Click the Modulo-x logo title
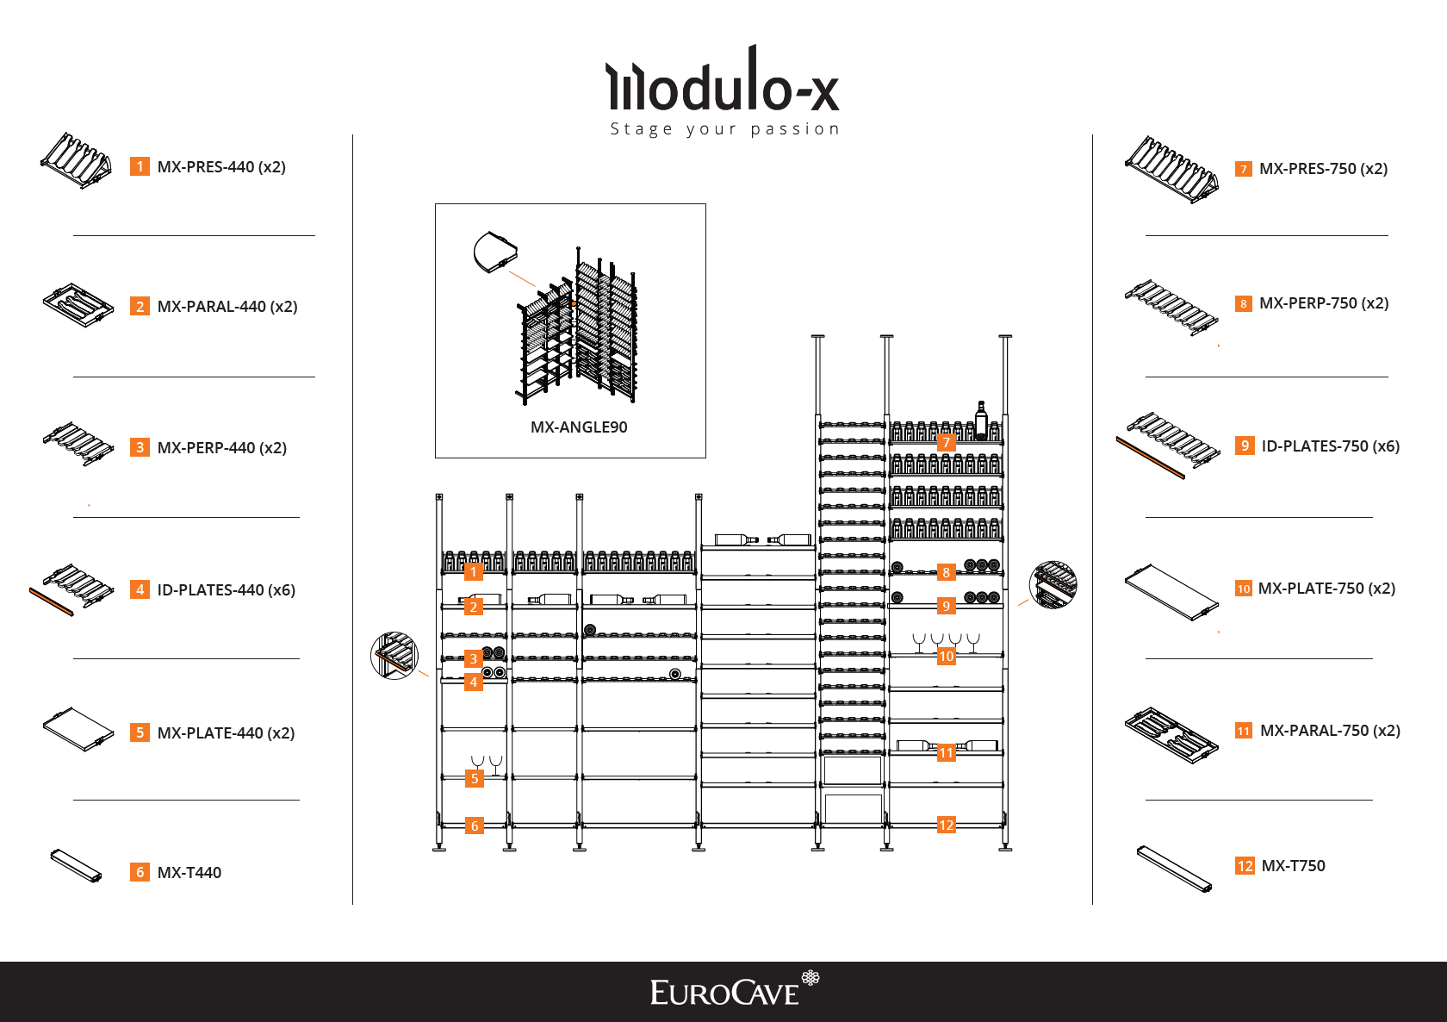pos(723,82)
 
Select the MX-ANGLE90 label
pos(579,427)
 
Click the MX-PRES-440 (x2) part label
pos(221,167)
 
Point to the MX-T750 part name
pos(1293,866)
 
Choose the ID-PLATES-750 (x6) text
pos(1330,446)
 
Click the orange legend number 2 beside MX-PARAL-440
pos(140,307)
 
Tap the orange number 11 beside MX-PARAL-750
pos(1244,731)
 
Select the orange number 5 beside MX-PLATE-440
pos(140,733)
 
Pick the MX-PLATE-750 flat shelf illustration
pos(1171,592)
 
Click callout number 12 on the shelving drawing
pos(946,826)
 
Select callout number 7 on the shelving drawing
pos(946,442)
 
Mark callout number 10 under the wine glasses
pos(946,657)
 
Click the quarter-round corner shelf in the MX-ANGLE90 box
pos(494,252)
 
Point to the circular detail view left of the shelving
pos(394,655)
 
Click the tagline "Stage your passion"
pos(724,129)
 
